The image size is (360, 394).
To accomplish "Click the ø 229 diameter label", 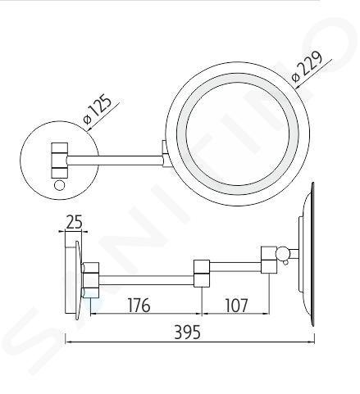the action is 307,66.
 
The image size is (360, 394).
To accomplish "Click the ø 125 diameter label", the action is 98,109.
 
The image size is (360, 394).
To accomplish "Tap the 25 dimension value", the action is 74,222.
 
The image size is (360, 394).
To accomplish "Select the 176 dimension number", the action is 139,305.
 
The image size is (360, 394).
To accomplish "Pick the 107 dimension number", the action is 236,305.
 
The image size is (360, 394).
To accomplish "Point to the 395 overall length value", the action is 188,333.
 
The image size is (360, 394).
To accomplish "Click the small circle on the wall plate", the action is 60,185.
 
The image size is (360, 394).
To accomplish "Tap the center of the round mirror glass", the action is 237,134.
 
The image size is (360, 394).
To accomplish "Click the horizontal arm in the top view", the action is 115,161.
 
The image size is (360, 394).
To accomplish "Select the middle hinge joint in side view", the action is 202,274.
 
